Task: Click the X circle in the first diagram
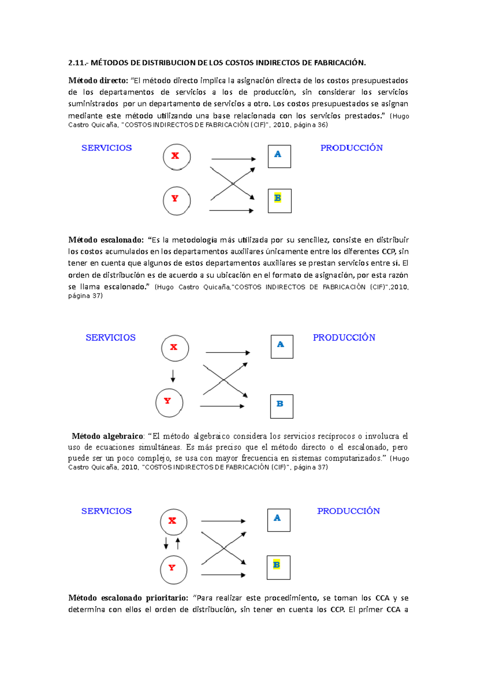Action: [176, 157]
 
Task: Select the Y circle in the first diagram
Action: [176, 201]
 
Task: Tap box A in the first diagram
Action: [279, 156]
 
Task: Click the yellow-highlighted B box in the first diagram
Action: [279, 201]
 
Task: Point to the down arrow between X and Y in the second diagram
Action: [173, 376]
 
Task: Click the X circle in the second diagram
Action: [175, 348]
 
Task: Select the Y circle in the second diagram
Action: [169, 403]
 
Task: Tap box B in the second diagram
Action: [281, 406]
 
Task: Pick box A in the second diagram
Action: [282, 347]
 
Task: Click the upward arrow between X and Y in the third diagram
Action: [178, 543]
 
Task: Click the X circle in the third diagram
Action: [173, 522]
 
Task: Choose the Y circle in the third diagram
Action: [173, 570]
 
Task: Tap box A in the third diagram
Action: [279, 520]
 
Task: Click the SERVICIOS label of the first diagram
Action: [107, 148]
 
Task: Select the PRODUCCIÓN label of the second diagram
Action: [344, 337]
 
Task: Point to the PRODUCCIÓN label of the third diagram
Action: [348, 511]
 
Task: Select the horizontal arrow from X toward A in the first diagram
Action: [233, 159]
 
